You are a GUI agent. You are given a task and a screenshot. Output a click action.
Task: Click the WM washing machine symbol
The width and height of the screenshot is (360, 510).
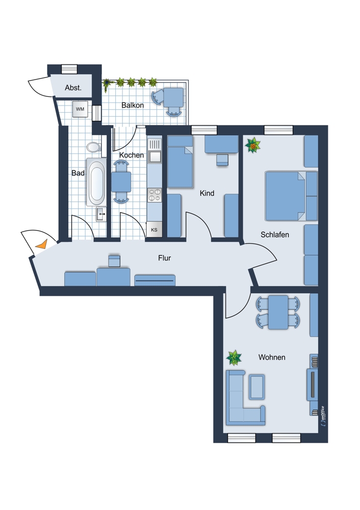(80, 109)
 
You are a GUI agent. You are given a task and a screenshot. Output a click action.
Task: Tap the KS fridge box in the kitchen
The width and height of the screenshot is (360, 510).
(154, 229)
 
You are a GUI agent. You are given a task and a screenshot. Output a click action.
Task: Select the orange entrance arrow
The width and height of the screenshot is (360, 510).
(42, 244)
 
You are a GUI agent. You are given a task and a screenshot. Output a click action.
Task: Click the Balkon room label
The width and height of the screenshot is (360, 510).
(133, 105)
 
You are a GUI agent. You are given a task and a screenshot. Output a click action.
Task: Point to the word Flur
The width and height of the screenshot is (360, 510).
(164, 258)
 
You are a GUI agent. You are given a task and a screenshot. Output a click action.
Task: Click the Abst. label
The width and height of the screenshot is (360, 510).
(73, 88)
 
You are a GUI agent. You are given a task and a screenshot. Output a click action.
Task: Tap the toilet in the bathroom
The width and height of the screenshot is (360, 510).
(94, 147)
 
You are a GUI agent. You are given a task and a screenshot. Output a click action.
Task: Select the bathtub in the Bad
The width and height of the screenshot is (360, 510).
(96, 182)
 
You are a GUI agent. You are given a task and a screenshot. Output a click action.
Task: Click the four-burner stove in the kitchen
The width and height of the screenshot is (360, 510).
(155, 195)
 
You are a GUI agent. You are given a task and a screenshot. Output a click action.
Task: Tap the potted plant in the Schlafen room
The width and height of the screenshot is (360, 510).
(253, 145)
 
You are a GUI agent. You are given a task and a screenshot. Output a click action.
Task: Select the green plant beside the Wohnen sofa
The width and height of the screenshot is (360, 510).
(234, 358)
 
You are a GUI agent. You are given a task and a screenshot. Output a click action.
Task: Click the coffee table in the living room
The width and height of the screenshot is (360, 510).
(256, 387)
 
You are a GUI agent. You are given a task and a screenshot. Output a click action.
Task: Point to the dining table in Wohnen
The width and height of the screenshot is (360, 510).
(278, 312)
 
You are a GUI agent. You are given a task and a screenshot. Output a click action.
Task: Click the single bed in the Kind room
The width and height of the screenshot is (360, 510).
(180, 162)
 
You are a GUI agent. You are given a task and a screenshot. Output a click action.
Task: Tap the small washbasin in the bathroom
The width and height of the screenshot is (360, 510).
(101, 214)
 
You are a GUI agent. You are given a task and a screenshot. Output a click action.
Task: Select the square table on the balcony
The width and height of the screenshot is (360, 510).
(173, 97)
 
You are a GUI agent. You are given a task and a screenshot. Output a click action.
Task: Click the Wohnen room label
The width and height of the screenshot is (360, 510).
(272, 357)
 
